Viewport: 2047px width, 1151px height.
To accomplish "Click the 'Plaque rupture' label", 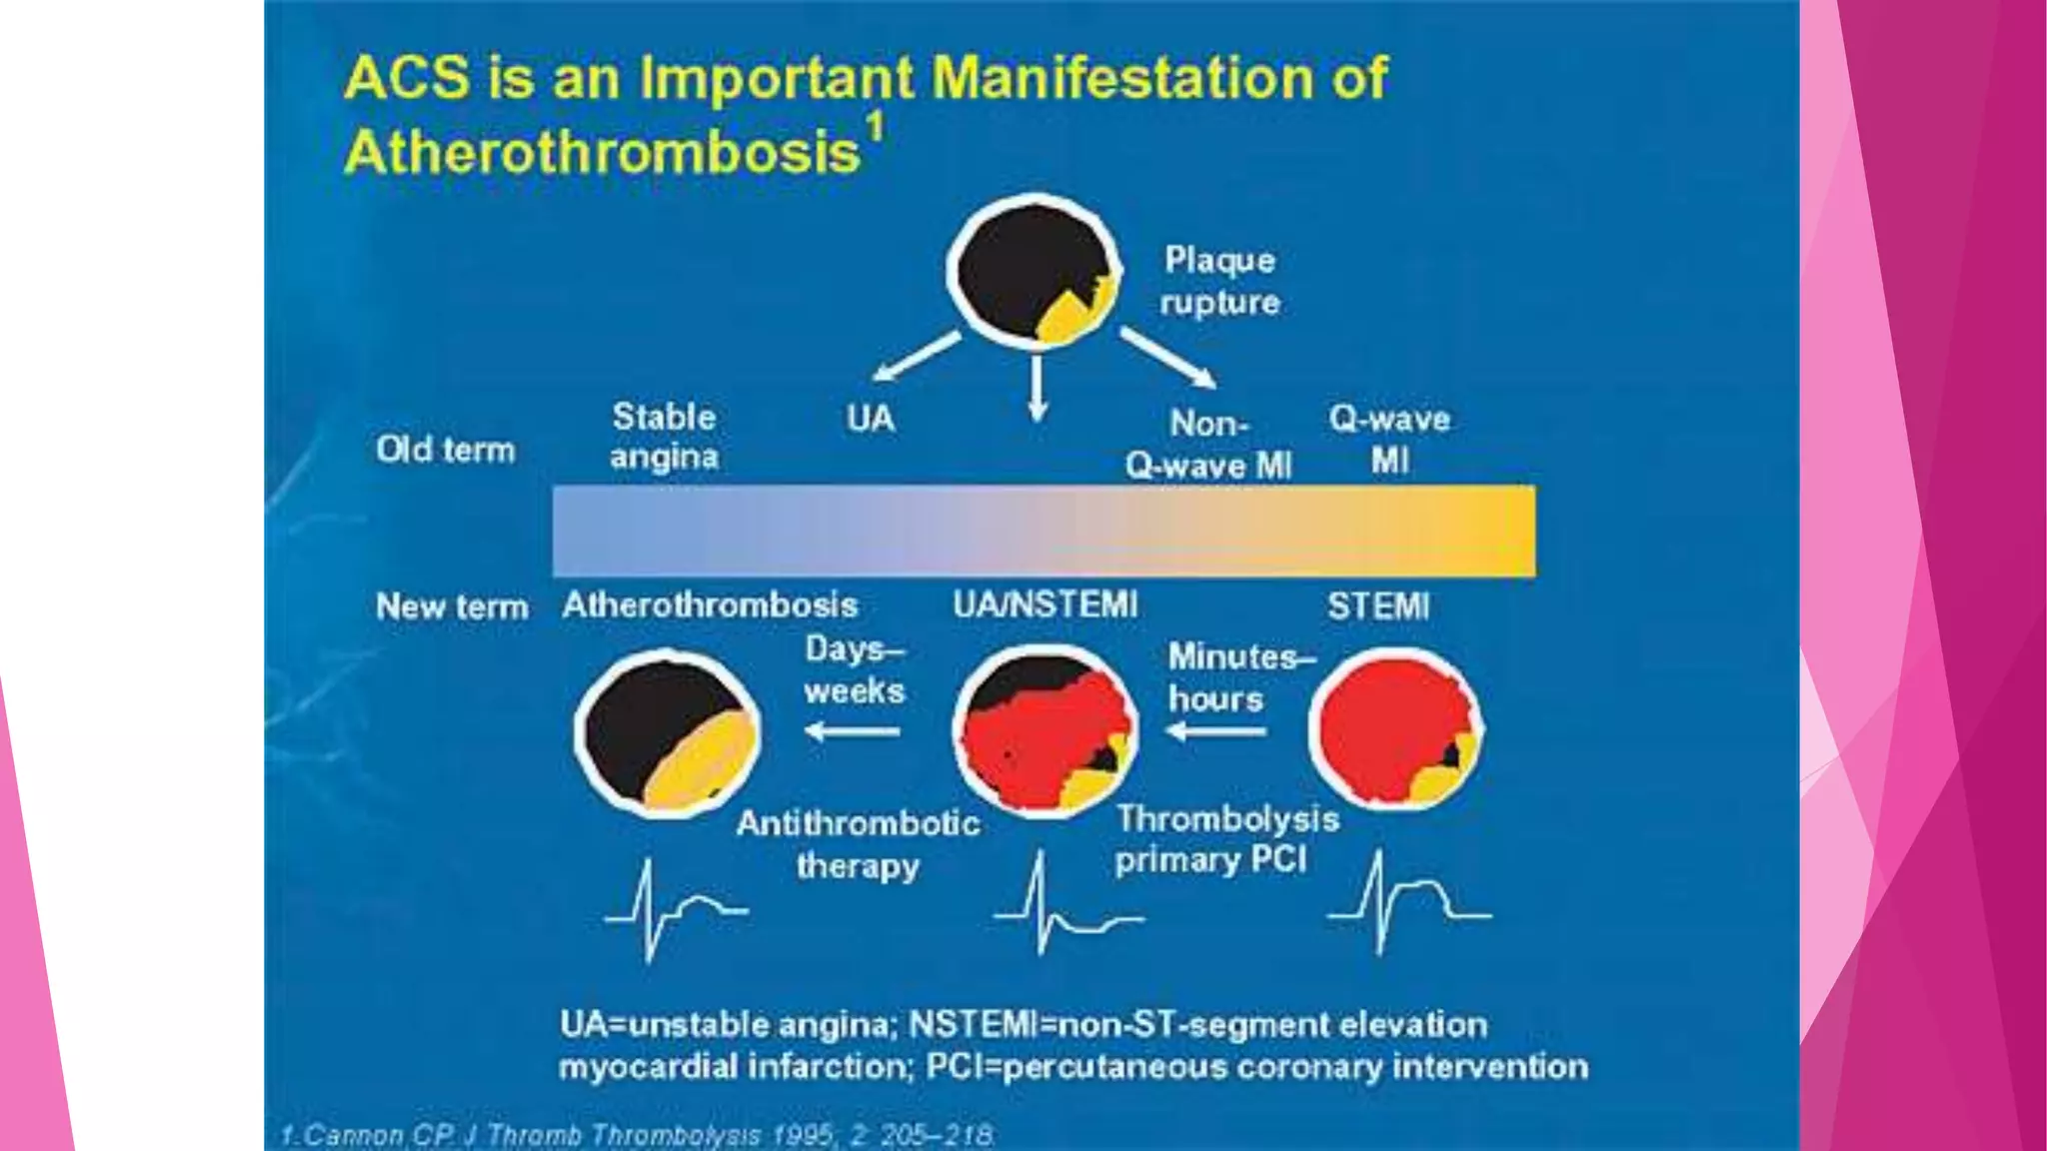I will [1219, 281].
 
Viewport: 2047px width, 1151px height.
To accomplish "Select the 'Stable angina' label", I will [664, 437].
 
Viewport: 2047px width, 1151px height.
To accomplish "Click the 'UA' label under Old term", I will [871, 419].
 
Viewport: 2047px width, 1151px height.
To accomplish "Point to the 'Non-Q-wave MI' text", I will [1208, 445].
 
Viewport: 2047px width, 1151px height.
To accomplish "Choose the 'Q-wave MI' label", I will [1389, 440].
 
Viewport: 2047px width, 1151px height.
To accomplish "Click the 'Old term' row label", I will [446, 450].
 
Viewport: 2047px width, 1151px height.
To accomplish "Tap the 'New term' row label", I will [452, 606].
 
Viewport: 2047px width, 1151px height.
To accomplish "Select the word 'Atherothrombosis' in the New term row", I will [710, 605].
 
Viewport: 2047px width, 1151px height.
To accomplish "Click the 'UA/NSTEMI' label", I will [1045, 605].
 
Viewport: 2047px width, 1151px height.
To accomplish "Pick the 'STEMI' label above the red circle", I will [1378, 606].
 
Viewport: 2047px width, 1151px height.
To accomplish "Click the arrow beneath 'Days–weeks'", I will [853, 732].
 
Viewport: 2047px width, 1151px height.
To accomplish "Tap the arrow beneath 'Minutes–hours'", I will [1216, 732].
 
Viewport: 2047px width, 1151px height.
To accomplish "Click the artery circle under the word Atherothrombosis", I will [667, 732].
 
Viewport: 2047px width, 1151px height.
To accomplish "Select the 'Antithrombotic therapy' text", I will [858, 844].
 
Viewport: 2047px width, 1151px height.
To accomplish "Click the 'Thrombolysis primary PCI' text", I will [1225, 839].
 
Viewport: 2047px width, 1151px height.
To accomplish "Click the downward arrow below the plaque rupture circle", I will [1037, 389].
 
